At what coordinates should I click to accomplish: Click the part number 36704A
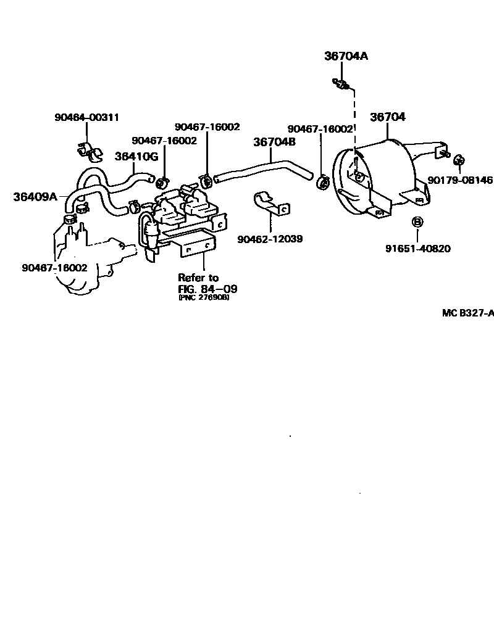pyautogui.click(x=346, y=56)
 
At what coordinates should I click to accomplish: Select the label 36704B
pyautogui.click(x=274, y=141)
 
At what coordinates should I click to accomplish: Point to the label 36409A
pyautogui.click(x=35, y=197)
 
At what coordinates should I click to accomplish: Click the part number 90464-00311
pyautogui.click(x=86, y=117)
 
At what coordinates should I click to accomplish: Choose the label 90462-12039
pyautogui.click(x=270, y=238)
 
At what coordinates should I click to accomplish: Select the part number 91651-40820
pyautogui.click(x=417, y=249)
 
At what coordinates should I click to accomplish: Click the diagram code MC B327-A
pyautogui.click(x=467, y=313)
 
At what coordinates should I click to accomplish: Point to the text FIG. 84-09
pyautogui.click(x=207, y=288)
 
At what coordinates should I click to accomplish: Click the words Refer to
pyautogui.click(x=198, y=278)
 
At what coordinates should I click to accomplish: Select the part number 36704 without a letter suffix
pyautogui.click(x=387, y=117)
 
